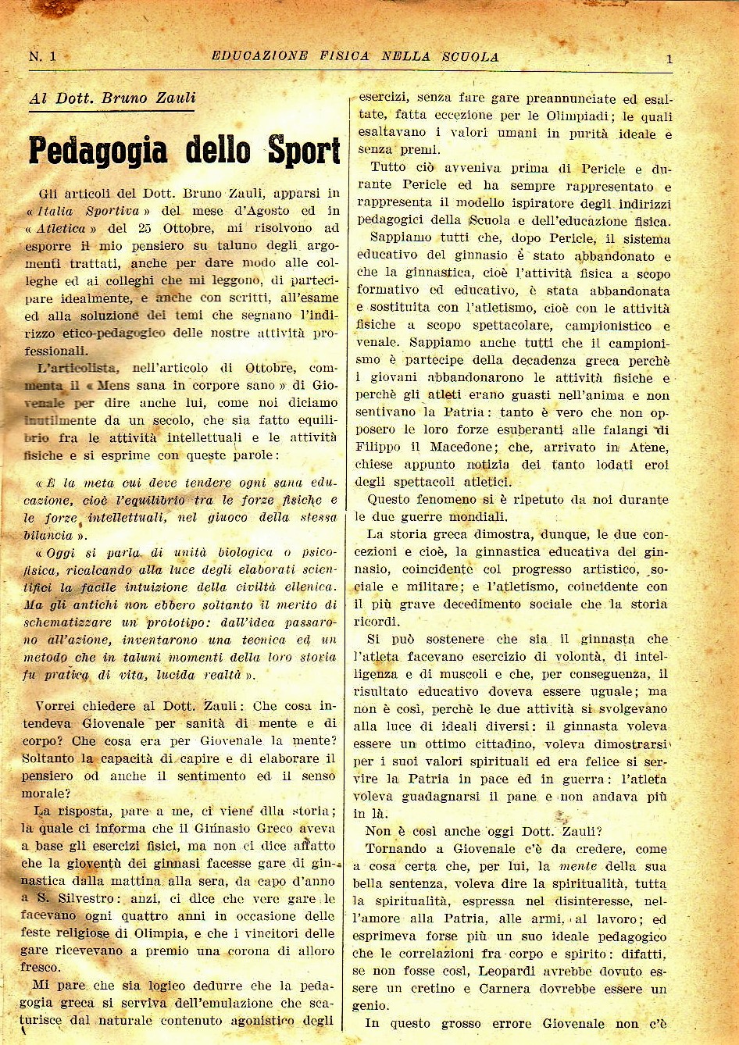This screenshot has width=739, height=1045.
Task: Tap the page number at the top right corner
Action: point(669,58)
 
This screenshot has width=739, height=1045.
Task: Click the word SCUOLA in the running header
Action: point(470,56)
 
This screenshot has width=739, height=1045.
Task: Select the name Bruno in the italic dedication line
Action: point(129,98)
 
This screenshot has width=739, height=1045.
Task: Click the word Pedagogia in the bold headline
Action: point(98,151)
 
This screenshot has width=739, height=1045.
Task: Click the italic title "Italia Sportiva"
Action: point(92,211)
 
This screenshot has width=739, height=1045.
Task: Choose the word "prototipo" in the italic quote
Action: point(171,622)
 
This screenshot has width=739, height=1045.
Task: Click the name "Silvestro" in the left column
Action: point(81,898)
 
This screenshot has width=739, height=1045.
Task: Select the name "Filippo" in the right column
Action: point(379,447)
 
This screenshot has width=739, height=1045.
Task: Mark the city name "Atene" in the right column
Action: point(648,447)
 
